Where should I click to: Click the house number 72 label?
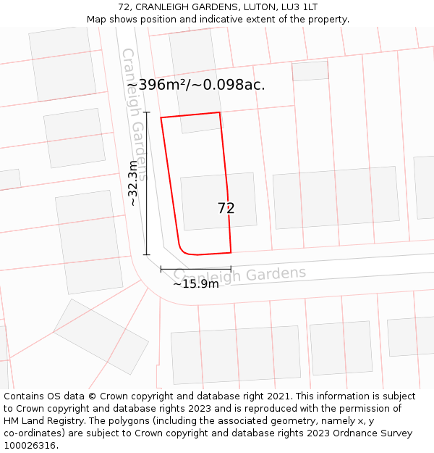[226, 208]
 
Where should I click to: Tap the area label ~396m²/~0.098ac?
[196, 85]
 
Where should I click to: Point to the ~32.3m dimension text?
[132, 183]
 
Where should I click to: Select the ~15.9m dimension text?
[195, 283]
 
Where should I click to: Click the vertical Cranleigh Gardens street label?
[135, 114]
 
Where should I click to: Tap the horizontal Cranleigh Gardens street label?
[240, 275]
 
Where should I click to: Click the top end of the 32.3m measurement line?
[147, 112]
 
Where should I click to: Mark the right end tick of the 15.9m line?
[231, 269]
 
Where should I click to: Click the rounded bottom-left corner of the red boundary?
[184, 250]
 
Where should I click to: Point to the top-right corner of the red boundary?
[219, 112]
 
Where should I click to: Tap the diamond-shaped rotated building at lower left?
[101, 336]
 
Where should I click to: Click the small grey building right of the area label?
[310, 71]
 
